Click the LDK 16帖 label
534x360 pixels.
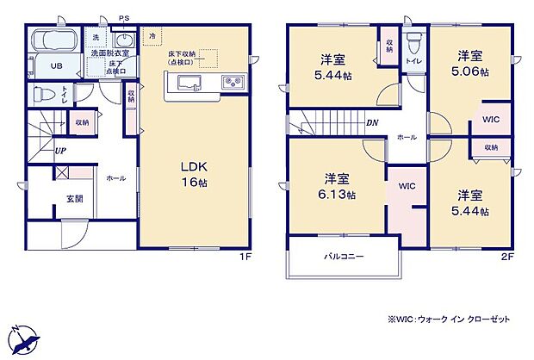193,173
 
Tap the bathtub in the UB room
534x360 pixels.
54,41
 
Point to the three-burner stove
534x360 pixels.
233,83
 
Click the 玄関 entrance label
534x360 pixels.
74,199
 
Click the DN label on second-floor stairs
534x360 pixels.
372,121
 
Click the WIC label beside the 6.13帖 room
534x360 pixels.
407,185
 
